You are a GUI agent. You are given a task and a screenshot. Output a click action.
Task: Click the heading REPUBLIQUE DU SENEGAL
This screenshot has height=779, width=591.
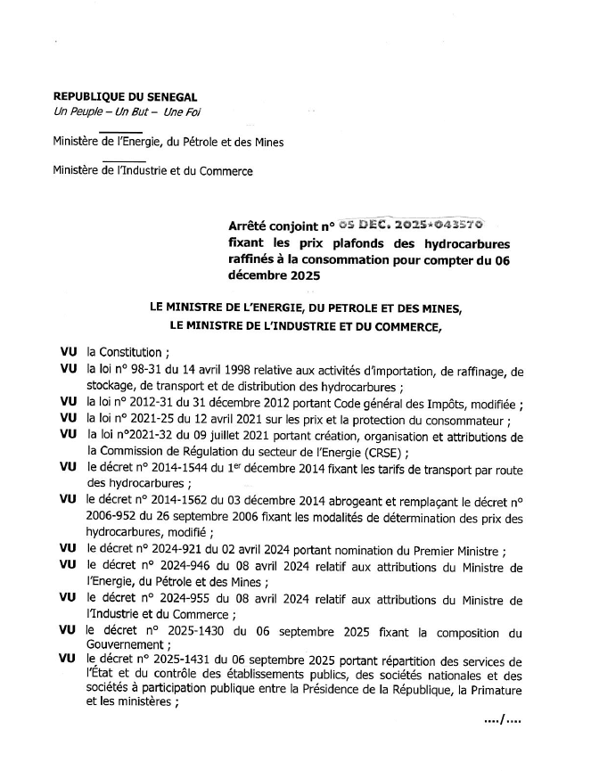pos(126,96)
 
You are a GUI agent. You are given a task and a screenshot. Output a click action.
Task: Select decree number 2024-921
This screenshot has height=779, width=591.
pos(184,550)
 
